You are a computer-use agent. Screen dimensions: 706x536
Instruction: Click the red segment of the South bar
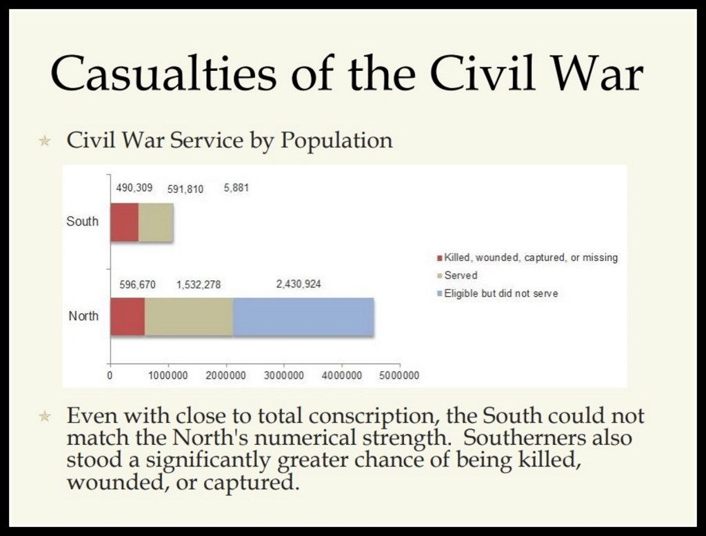click(x=125, y=223)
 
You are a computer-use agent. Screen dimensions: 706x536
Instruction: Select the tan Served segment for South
click(x=156, y=223)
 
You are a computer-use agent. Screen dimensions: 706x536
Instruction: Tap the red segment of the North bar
click(x=128, y=316)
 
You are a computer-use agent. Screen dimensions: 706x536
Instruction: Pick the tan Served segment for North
click(x=189, y=316)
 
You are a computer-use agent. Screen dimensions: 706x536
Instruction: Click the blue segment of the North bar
click(x=303, y=316)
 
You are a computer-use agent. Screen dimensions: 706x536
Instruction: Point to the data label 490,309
click(x=134, y=187)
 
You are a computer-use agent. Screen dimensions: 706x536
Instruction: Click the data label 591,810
click(x=185, y=189)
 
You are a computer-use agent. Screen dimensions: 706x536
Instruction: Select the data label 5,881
click(x=236, y=187)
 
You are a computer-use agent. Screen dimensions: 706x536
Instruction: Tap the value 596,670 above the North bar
click(x=137, y=285)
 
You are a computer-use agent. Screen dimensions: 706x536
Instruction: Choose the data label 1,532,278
click(x=199, y=285)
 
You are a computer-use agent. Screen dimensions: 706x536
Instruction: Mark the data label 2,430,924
click(x=299, y=284)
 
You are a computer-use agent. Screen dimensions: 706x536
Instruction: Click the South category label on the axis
click(x=83, y=221)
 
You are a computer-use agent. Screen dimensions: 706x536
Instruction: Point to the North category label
click(x=83, y=316)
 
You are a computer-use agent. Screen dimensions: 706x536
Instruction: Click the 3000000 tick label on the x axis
click(x=283, y=375)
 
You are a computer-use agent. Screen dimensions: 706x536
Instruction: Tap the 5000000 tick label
click(x=399, y=375)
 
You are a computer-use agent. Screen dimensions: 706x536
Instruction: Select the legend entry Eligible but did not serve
click(x=498, y=293)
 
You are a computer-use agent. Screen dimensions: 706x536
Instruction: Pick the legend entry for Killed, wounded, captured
click(x=527, y=258)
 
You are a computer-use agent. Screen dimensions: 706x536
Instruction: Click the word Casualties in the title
click(x=163, y=73)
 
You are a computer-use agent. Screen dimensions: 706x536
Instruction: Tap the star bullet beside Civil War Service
click(x=45, y=141)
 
